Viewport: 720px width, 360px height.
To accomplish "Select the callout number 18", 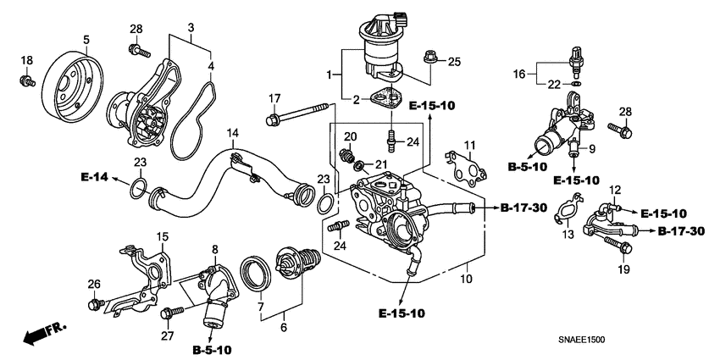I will coord(27,60).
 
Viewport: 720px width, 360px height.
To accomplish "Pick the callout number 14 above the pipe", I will coord(232,133).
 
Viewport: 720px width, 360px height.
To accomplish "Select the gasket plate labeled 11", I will coord(465,169).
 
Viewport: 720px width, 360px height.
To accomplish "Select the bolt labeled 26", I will coord(95,302).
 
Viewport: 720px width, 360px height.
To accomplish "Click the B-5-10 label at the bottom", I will coord(212,349).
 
